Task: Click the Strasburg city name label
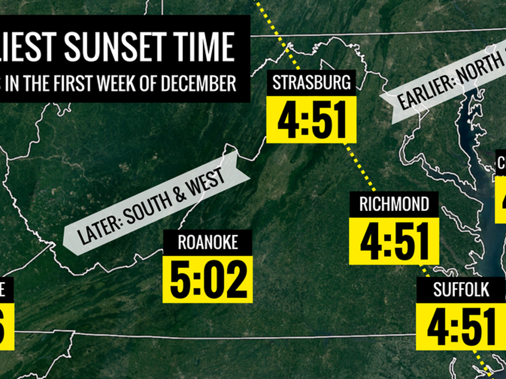pos(312,82)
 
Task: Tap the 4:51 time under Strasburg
pos(312,119)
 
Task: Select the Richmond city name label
pos(394,205)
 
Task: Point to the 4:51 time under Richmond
pos(394,241)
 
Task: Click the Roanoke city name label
pos(208,243)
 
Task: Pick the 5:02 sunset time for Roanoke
pos(208,279)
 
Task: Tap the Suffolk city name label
pos(461,290)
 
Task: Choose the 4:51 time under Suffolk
pos(461,327)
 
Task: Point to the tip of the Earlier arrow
pos(381,96)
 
